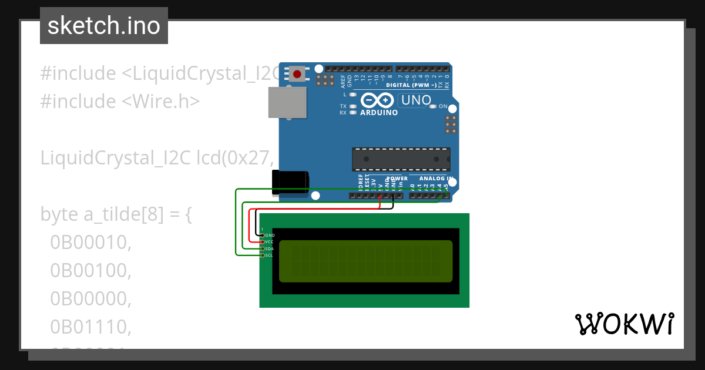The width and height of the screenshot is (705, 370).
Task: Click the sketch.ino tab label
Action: (103, 26)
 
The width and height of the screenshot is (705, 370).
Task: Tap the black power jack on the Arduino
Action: (290, 182)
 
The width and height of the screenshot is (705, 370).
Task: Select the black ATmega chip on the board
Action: (401, 159)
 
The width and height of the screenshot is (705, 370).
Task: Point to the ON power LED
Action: (433, 107)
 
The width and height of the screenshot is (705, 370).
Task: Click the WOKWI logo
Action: (624, 324)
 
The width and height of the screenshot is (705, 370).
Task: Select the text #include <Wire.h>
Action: (120, 102)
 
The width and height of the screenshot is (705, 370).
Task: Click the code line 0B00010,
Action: (90, 242)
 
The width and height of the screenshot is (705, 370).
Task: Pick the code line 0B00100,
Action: (90, 270)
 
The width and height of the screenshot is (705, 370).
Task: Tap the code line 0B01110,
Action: (90, 326)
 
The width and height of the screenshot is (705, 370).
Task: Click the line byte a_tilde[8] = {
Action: (116, 214)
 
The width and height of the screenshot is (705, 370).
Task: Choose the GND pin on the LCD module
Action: (263, 235)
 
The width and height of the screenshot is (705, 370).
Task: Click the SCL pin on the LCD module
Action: (263, 255)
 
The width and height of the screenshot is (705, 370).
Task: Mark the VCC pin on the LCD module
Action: (263, 241)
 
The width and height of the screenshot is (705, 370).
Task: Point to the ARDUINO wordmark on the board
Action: (379, 112)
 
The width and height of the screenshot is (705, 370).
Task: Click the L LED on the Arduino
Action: (352, 95)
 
